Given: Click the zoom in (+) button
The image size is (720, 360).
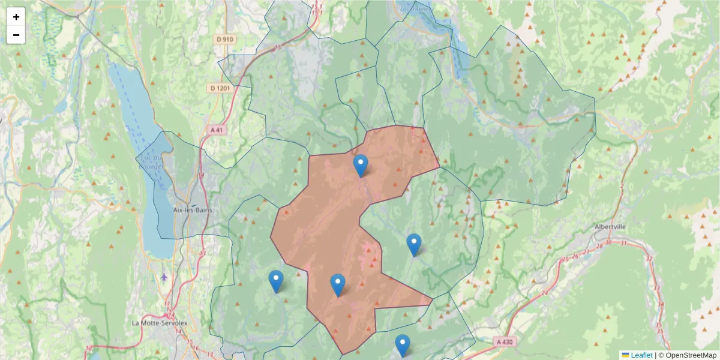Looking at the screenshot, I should click(16, 17).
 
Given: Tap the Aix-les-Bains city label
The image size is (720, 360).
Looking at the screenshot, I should click(192, 210).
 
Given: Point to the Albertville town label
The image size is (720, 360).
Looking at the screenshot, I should click(610, 227).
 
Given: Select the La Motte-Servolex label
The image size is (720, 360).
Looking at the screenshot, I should click(156, 323).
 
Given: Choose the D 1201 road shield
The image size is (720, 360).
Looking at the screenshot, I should click(221, 88).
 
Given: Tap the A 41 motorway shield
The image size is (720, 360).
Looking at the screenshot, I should click(217, 130).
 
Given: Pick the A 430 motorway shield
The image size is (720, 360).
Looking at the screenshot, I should click(505, 341).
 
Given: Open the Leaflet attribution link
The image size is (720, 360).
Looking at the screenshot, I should click(641, 355).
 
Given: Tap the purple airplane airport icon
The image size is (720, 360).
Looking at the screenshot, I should click(165, 277).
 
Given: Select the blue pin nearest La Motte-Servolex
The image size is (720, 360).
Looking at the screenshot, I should click(276, 281).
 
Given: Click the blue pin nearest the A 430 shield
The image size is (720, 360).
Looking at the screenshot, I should click(403, 345).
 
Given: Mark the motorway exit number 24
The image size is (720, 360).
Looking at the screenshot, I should click(544, 293).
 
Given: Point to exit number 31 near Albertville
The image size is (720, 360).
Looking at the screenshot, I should click(624, 243).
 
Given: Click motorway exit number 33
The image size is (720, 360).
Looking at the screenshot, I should click(656, 288).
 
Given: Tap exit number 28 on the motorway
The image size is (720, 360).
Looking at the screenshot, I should click(598, 247).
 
